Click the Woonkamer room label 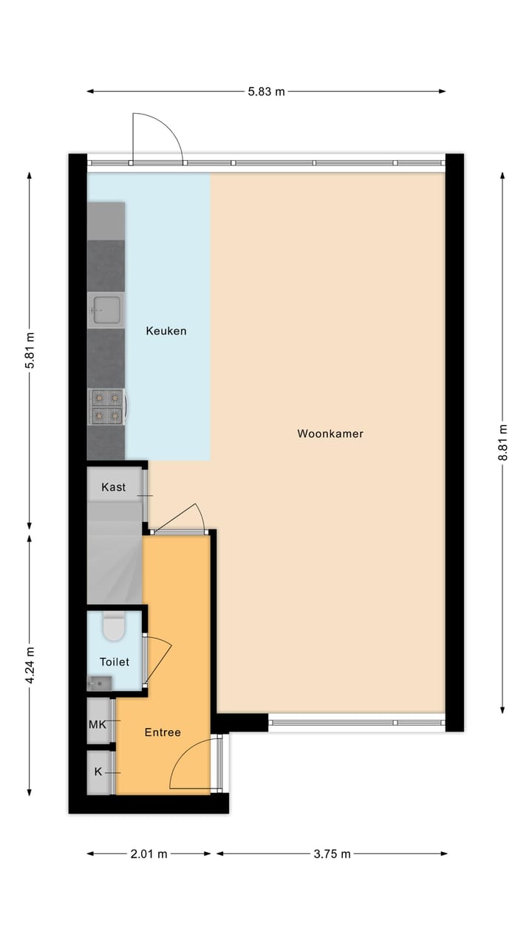click(x=330, y=434)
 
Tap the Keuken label click(x=166, y=331)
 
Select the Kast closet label click(x=113, y=487)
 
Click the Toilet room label click(x=115, y=662)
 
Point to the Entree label click(x=163, y=732)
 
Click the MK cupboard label click(x=98, y=724)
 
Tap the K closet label click(x=98, y=772)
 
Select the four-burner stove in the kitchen click(x=106, y=407)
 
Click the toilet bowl click(x=115, y=628)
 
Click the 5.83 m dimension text click(x=266, y=92)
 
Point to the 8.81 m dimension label click(x=503, y=443)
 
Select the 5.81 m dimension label click(x=30, y=351)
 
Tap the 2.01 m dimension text click(x=149, y=854)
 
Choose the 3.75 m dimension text click(x=331, y=854)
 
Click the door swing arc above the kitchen click(x=157, y=137)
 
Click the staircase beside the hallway click(x=115, y=561)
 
